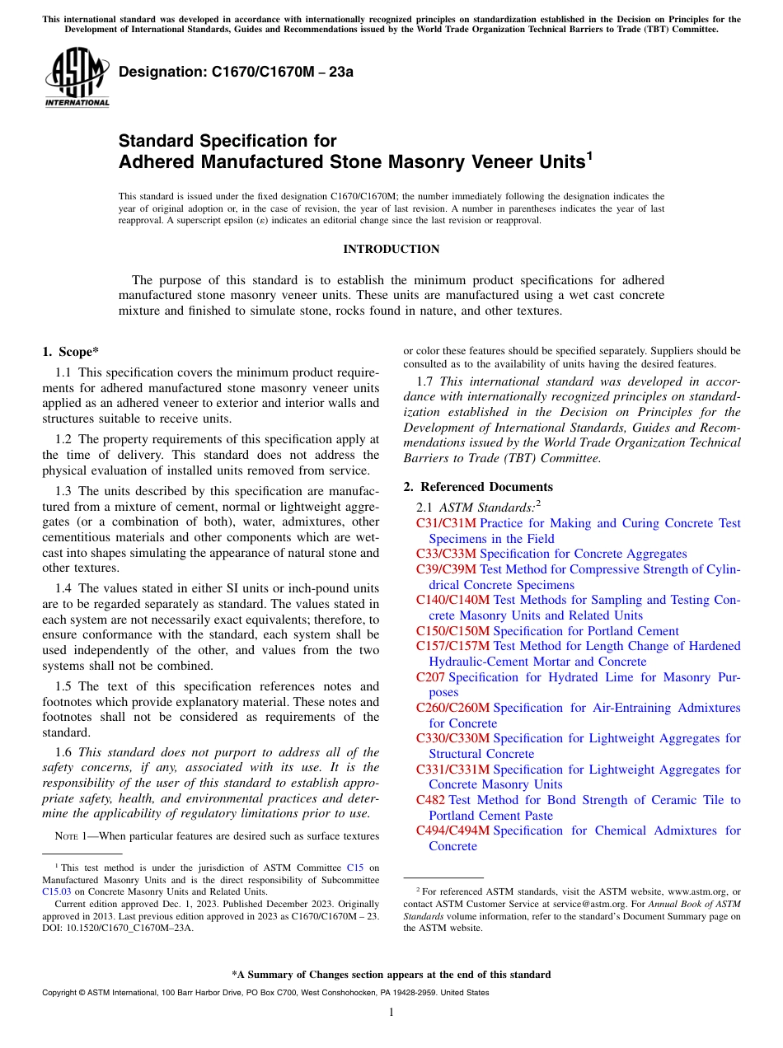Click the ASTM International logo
(x=77, y=78)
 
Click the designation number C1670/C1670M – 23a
(x=236, y=72)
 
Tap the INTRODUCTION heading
(x=391, y=249)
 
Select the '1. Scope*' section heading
(x=71, y=352)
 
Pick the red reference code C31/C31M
(x=446, y=523)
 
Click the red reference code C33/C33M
(x=446, y=554)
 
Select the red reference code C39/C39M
(x=446, y=569)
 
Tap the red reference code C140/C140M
(x=452, y=600)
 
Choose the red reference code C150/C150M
(x=452, y=631)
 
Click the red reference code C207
(x=430, y=677)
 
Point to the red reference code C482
(x=430, y=800)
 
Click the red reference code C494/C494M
(x=452, y=830)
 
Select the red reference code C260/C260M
(x=452, y=708)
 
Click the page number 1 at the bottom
(x=391, y=1012)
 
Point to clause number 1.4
(x=63, y=588)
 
